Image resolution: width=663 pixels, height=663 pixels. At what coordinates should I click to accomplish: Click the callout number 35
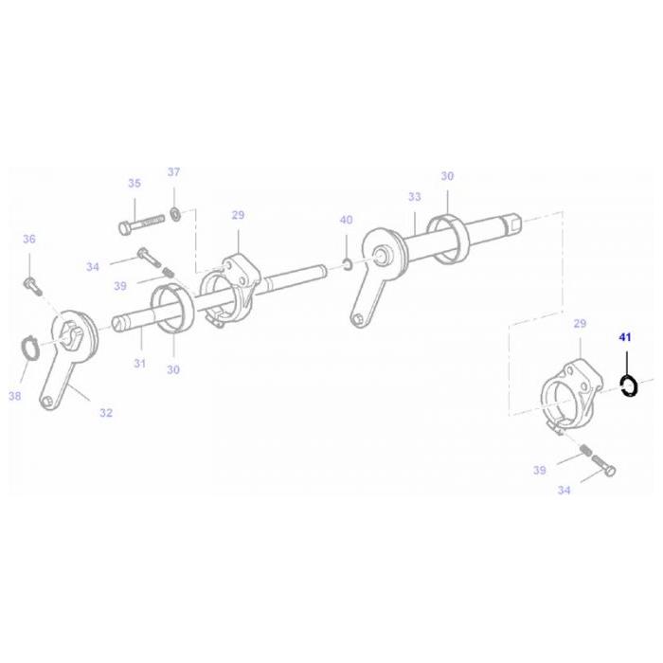pyautogui.click(x=134, y=184)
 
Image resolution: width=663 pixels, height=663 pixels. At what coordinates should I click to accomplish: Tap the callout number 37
pyautogui.click(x=173, y=171)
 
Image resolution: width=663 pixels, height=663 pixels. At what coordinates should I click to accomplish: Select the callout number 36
pyautogui.click(x=28, y=239)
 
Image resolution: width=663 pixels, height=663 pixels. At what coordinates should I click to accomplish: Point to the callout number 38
pyautogui.click(x=13, y=396)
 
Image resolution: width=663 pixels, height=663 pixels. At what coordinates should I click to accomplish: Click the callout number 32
pyautogui.click(x=106, y=412)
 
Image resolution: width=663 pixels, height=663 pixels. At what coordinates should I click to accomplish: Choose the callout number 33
pyautogui.click(x=414, y=197)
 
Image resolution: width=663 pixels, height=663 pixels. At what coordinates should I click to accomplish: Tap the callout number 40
pyautogui.click(x=346, y=220)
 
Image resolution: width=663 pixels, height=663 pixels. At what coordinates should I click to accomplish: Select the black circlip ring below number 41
pyautogui.click(x=628, y=385)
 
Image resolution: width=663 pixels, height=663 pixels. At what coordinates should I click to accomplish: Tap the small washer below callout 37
pyautogui.click(x=176, y=209)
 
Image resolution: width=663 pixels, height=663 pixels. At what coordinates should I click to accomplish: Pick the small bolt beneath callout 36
pyautogui.click(x=29, y=281)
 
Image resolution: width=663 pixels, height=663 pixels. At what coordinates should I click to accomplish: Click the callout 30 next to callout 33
pyautogui.click(x=447, y=176)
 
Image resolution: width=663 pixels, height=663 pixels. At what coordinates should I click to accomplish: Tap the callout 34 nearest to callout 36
pyautogui.click(x=91, y=267)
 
